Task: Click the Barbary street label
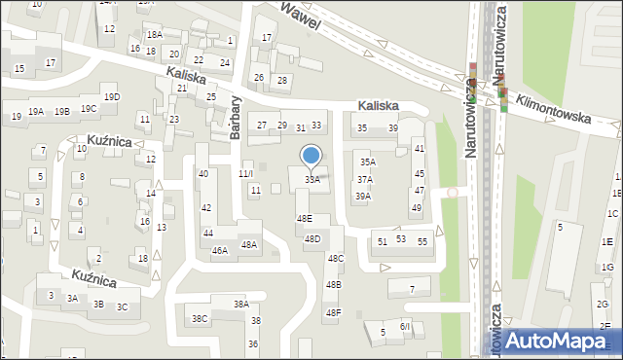tap(236, 118)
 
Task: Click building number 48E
tap(305, 219)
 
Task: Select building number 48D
tap(311, 238)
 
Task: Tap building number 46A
tap(220, 250)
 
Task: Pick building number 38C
tap(199, 318)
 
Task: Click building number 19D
tap(112, 96)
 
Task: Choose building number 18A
tap(154, 34)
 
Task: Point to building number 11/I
tap(245, 174)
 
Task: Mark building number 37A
tap(364, 179)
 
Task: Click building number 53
tap(400, 238)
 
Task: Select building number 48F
tap(333, 312)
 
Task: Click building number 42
tap(205, 208)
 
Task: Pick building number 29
tap(282, 125)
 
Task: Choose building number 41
tap(420, 148)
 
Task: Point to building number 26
tap(258, 77)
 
